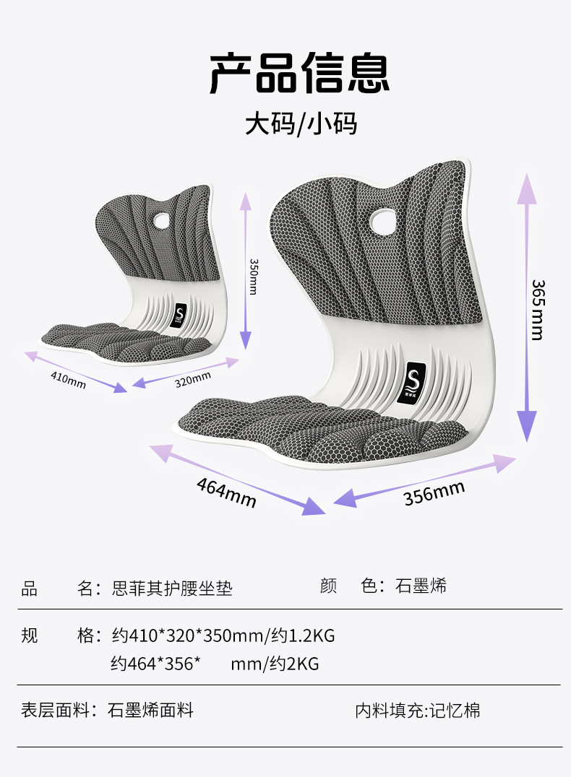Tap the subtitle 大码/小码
coord(301,123)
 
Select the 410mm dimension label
coord(68,379)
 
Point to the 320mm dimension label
coord(193,378)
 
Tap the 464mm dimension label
coord(226,492)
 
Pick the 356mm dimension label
coord(434,492)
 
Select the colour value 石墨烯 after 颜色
coord(421,586)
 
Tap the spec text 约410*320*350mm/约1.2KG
coord(223,636)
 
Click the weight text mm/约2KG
coord(275,664)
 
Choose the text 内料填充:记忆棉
coord(417,711)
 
